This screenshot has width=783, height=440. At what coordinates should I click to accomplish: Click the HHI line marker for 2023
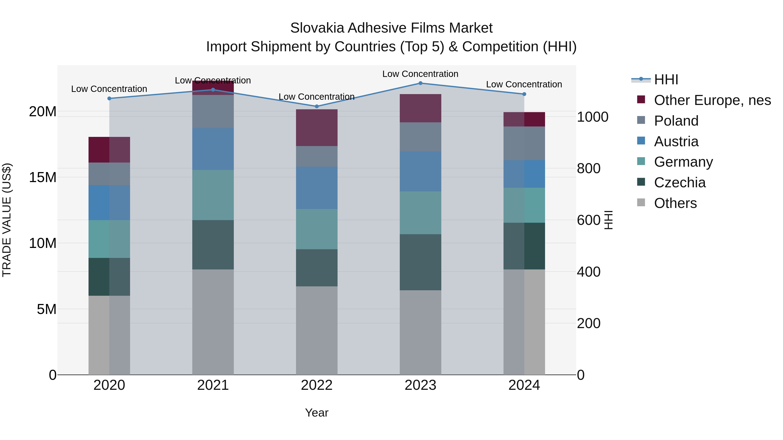[x=420, y=83]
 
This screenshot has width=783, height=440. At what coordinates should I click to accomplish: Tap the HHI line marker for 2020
[x=109, y=98]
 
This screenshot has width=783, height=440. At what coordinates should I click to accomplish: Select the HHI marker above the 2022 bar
[x=317, y=106]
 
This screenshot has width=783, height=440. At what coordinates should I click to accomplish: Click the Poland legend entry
[x=676, y=121]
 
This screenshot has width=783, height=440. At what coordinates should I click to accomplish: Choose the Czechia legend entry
[x=680, y=183]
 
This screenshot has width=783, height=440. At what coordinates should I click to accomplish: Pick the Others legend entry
[x=675, y=203]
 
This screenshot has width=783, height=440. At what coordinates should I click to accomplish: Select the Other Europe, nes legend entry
[x=712, y=100]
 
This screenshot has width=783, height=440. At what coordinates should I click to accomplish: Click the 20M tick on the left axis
[x=43, y=112]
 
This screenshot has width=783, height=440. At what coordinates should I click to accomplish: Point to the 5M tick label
[x=47, y=309]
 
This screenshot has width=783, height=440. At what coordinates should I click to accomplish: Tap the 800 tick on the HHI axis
[x=589, y=169]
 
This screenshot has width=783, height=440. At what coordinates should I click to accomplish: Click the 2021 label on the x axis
[x=213, y=385]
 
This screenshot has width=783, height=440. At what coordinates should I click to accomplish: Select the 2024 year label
[x=524, y=385]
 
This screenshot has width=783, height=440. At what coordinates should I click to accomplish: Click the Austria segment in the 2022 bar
[x=317, y=188]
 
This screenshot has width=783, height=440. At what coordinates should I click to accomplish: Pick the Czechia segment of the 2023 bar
[x=420, y=262]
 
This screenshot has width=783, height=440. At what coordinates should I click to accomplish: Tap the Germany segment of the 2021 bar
[x=213, y=195]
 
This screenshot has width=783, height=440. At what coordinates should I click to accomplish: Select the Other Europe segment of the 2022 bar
[x=317, y=128]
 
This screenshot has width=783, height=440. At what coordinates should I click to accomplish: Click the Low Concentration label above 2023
[x=420, y=74]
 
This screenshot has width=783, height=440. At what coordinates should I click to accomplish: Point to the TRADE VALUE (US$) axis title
[x=7, y=220]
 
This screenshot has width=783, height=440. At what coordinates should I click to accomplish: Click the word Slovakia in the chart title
[x=317, y=28]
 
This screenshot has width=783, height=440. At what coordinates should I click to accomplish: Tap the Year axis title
[x=317, y=413]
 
